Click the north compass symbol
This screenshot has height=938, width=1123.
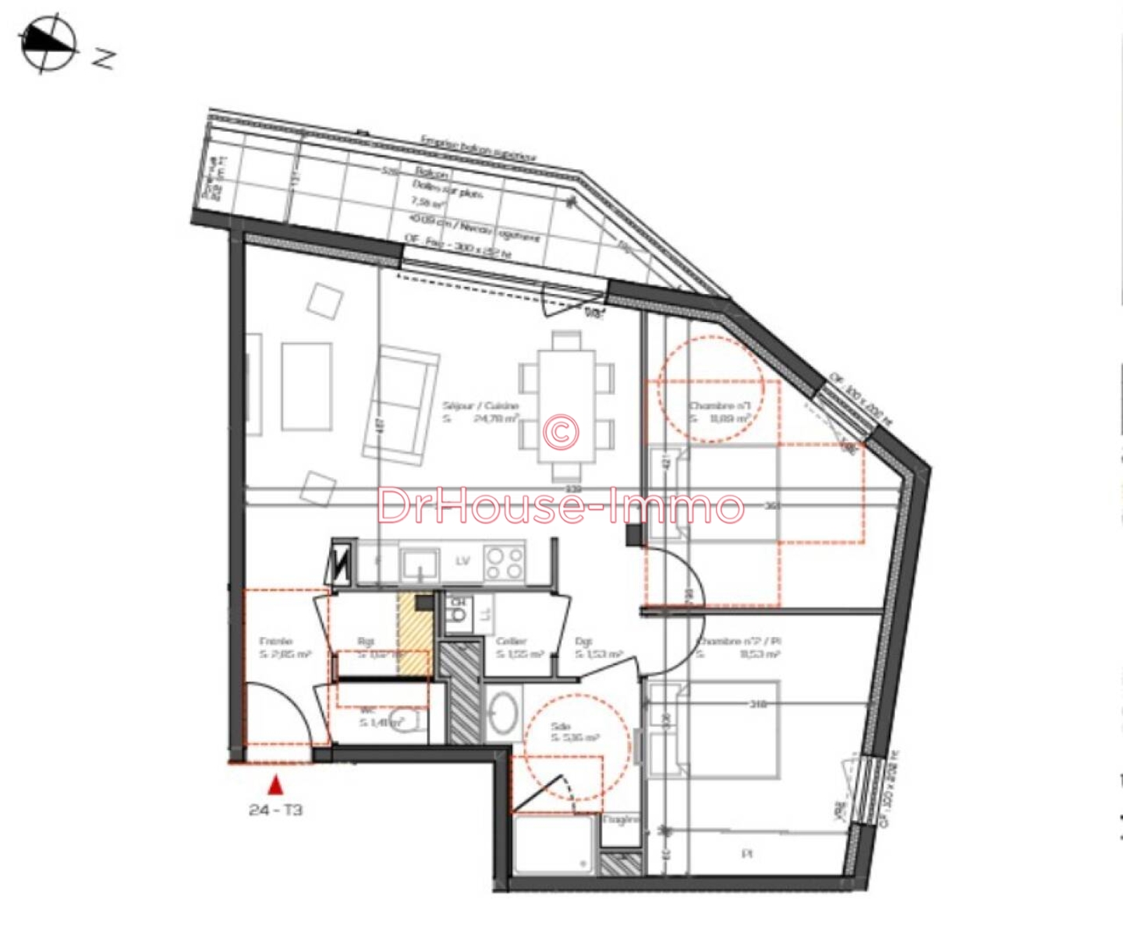[48, 44]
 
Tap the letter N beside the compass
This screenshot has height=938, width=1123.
[104, 58]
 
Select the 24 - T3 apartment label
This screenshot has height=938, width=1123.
[275, 810]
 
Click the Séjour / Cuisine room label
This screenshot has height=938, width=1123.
[480, 406]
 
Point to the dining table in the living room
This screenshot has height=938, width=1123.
[567, 406]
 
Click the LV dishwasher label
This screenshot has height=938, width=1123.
[462, 561]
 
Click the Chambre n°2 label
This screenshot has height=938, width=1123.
[738, 642]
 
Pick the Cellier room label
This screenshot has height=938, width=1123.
[512, 642]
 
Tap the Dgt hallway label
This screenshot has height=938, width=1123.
[583, 642]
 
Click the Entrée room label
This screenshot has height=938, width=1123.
[275, 642]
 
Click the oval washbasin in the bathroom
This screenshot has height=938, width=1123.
[504, 712]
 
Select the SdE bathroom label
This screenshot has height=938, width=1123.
[561, 726]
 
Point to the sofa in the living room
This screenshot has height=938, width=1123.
[407, 402]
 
